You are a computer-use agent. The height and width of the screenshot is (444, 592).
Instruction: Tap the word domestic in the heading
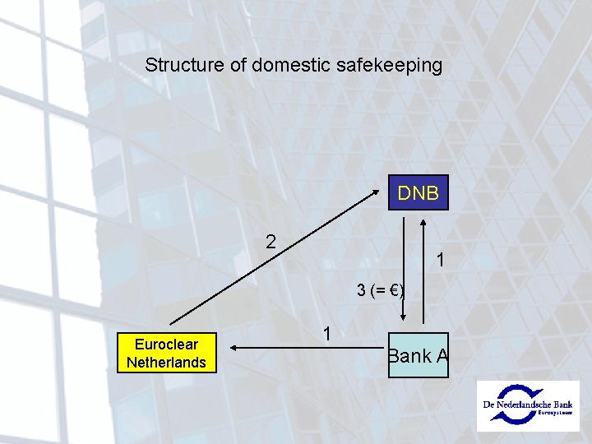point(292,65)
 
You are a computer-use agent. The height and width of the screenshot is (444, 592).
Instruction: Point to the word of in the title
point(239,65)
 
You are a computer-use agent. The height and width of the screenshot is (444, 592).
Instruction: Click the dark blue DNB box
point(418,194)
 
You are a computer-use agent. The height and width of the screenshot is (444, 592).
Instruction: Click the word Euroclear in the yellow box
point(167,345)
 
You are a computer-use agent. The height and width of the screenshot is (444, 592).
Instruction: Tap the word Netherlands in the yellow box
point(167,362)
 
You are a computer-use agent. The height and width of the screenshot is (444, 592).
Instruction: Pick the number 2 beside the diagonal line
point(271,243)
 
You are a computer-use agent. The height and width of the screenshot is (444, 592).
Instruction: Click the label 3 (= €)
point(379,290)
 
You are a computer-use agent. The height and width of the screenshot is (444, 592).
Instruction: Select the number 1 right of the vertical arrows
point(442,260)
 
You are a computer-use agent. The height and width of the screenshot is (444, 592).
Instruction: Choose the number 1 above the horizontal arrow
point(327,334)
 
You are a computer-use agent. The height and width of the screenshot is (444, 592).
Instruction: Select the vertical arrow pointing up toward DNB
point(423,271)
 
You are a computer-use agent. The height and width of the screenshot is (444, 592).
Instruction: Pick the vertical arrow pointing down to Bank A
point(403,271)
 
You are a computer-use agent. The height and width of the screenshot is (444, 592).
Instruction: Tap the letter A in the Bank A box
point(442,356)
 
